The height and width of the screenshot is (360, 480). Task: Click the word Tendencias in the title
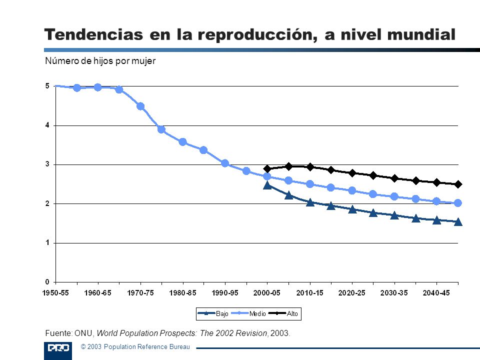(x=93, y=34)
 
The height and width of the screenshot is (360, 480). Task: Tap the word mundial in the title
(x=421, y=34)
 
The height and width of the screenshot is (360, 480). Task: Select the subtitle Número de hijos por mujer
(x=100, y=61)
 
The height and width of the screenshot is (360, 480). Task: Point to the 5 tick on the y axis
(x=47, y=86)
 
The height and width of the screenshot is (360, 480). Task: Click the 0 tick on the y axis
(x=47, y=282)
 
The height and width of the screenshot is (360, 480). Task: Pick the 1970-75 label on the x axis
(x=140, y=293)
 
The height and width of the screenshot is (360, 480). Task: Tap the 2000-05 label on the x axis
(x=267, y=293)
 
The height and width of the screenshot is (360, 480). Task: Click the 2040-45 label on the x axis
(x=436, y=293)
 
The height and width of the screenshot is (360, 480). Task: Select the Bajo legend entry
(x=213, y=313)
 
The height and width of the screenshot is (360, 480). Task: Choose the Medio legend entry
(x=248, y=313)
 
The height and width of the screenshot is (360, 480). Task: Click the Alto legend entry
(x=283, y=313)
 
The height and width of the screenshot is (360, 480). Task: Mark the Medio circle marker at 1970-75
(x=140, y=106)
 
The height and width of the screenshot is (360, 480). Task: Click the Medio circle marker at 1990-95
(x=225, y=163)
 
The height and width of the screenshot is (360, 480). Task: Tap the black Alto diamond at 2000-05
(x=267, y=168)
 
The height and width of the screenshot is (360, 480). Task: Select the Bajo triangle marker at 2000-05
(x=267, y=185)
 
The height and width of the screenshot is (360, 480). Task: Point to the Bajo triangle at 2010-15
(x=310, y=202)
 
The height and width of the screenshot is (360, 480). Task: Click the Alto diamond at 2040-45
(x=437, y=182)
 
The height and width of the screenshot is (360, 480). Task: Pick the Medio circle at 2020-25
(x=352, y=190)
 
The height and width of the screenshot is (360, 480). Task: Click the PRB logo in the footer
(x=58, y=350)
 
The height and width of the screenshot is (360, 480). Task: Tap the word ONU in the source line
(x=83, y=333)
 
